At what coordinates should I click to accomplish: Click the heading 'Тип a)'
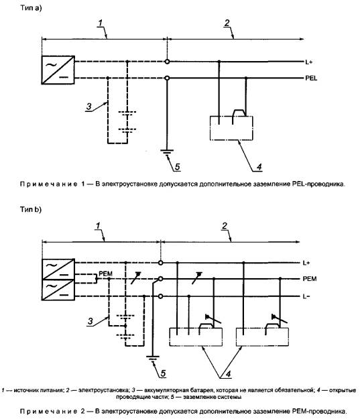click(31, 8)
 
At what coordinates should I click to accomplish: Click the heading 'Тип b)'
click(31, 209)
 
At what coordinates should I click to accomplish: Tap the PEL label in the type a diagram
click(311, 78)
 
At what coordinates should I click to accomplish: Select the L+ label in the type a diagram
click(308, 62)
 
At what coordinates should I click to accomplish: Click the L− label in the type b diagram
click(306, 296)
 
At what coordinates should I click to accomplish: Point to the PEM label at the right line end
click(310, 279)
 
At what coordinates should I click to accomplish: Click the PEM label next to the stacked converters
click(105, 274)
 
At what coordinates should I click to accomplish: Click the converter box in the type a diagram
click(58, 70)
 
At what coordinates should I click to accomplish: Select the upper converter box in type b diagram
click(58, 269)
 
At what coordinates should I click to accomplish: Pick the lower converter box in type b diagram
click(58, 290)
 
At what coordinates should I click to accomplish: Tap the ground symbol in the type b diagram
click(153, 359)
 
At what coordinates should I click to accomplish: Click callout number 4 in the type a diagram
click(259, 167)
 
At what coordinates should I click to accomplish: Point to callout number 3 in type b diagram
click(91, 321)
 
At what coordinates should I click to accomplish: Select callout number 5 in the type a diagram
click(178, 167)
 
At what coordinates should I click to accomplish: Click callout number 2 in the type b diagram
click(225, 226)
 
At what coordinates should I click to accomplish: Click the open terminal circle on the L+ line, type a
click(167, 62)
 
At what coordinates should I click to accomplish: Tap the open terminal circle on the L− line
click(160, 296)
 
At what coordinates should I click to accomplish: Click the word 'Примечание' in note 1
click(49, 184)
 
